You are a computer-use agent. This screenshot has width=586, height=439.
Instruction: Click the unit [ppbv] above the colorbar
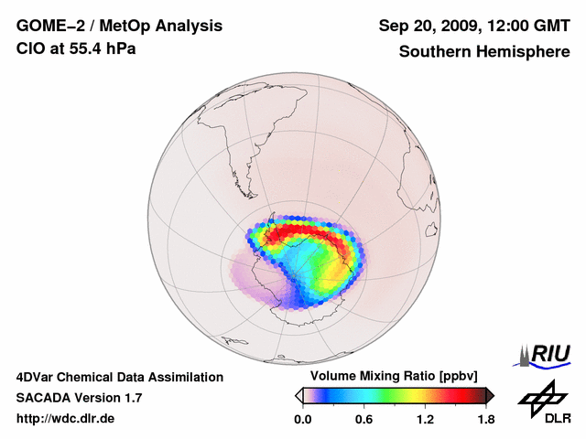click(455, 377)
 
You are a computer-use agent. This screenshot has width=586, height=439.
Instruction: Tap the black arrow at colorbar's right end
click(490, 395)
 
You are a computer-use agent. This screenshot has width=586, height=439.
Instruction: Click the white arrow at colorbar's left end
click(298, 395)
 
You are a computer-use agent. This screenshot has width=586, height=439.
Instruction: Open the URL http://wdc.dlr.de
click(66, 419)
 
